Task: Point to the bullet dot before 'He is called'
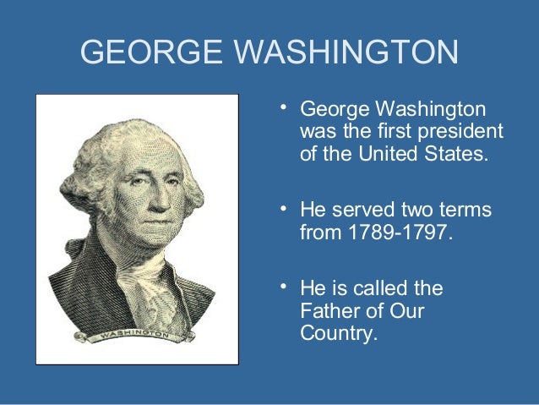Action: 285,287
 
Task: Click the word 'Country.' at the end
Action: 335,333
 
